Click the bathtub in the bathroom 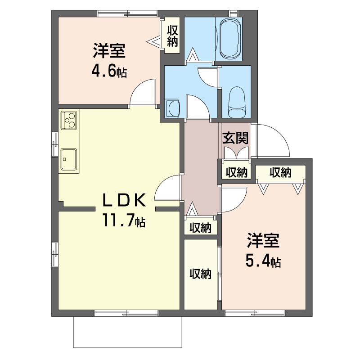coord(230,39)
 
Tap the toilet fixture coord(237,102)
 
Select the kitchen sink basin coord(69,159)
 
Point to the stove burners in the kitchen coord(68,120)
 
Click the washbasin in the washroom coord(173,108)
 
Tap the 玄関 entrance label coord(235,138)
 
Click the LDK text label coord(124,200)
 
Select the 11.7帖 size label coord(124,220)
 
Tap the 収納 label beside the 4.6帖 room coord(172,36)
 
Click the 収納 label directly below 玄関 coord(236,172)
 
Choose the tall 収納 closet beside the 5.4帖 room coord(200,274)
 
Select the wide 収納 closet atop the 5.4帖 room coord(280,172)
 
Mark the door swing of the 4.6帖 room coord(142,92)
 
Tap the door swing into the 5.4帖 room coord(234,199)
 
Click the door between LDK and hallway coord(167,188)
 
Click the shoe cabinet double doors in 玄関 coord(236,153)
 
